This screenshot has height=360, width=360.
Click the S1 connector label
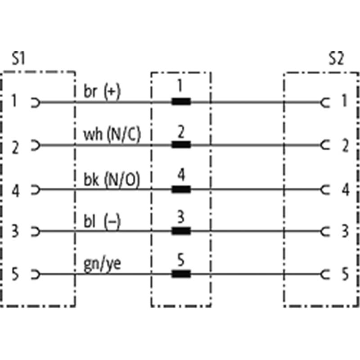coord(18,59)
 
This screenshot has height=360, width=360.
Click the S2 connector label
coord(336,59)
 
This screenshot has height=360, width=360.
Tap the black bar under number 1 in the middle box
coord(181,102)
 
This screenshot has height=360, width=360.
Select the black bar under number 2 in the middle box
coord(181,145)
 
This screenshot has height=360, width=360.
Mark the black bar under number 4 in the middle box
coord(181,189)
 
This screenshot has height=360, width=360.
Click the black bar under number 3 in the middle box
coord(181,231)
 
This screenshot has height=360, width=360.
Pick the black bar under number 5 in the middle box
coord(181,274)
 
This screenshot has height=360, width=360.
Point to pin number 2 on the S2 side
coord(345,145)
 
